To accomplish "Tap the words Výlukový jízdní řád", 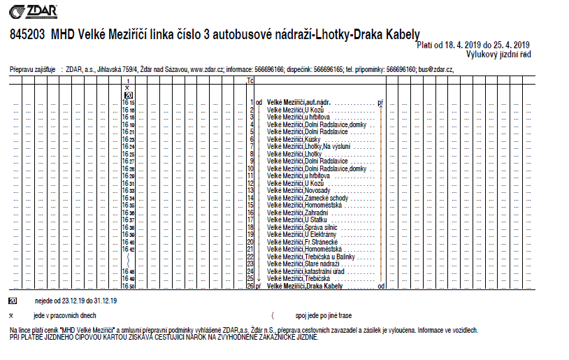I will coord(498,53).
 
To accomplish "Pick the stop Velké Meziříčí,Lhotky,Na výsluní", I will coord(308,147).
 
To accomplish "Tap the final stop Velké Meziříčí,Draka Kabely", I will coord(305,286).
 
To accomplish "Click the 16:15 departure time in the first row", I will coord(128,102).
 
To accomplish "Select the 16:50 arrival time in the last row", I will coord(128,286).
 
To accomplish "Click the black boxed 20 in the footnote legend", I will coord(13,301).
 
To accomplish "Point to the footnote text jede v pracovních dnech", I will coord(65,316).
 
